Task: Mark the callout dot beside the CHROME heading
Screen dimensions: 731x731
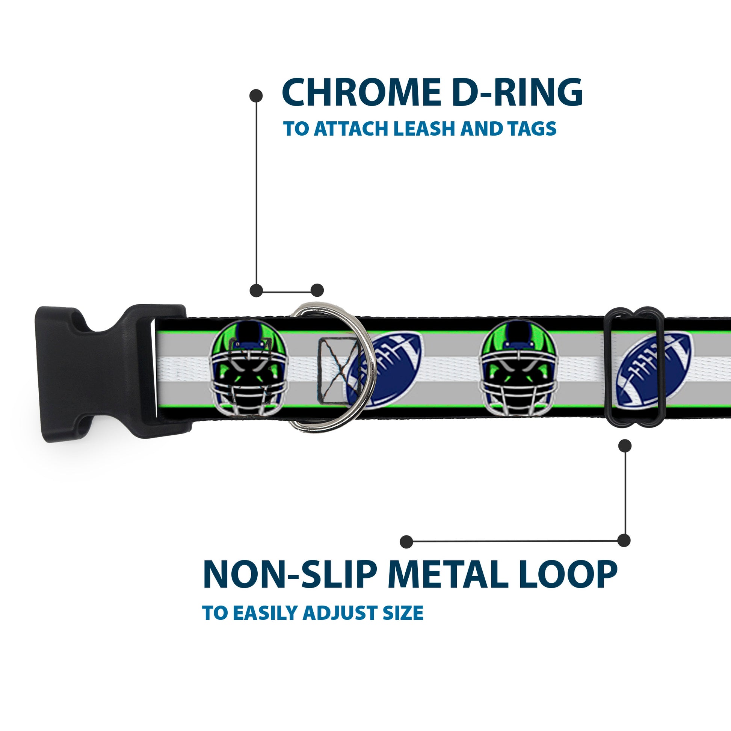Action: (x=256, y=95)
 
